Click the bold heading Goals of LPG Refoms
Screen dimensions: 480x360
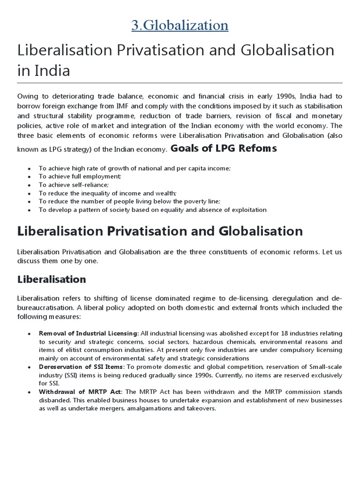coord(224,149)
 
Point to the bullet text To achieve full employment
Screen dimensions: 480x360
coord(80,176)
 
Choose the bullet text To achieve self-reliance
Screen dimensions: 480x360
coord(74,185)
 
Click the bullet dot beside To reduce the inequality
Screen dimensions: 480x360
coord(29,193)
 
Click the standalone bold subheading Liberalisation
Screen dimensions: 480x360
coord(52,279)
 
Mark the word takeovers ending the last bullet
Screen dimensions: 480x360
coord(201,409)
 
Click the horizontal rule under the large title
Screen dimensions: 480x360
coord(180,83)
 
